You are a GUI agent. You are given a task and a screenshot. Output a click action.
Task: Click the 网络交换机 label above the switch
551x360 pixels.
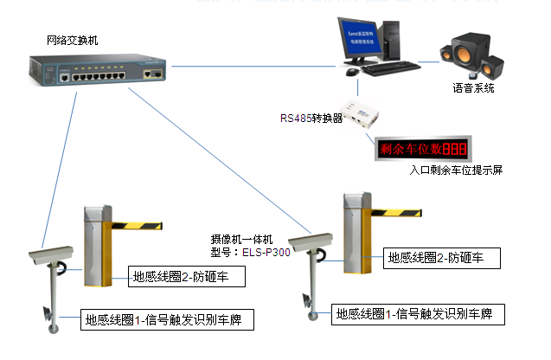coord(74,41)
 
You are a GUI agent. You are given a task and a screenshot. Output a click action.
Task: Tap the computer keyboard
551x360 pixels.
coord(389,67)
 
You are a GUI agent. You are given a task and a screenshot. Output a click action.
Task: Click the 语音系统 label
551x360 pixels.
coord(473,87)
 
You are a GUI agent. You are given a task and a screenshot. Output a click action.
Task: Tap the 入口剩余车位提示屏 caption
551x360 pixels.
coord(456,170)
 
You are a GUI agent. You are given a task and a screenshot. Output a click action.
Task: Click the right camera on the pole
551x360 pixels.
coord(310,236)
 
